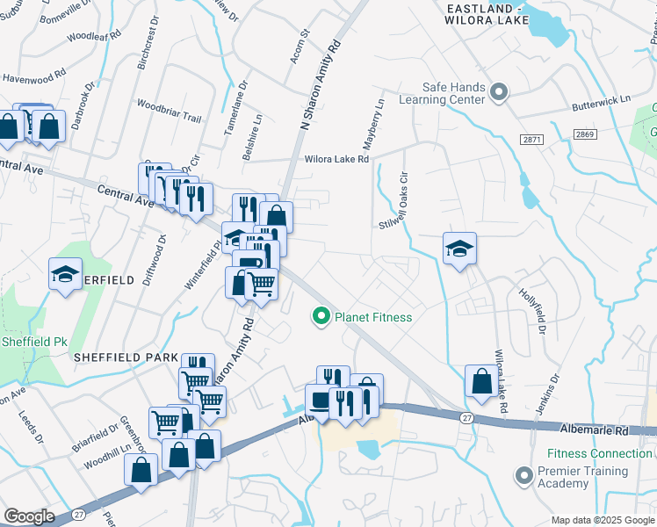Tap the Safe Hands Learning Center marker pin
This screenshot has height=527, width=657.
[499, 90]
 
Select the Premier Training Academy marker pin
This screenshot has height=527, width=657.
[524, 476]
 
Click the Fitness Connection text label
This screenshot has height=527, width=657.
[598, 453]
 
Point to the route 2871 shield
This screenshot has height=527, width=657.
[530, 140]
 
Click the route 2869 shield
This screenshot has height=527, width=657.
[586, 134]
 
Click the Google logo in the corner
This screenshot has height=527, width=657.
[29, 516]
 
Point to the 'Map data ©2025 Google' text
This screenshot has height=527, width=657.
[603, 520]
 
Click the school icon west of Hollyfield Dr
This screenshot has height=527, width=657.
[459, 249]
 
